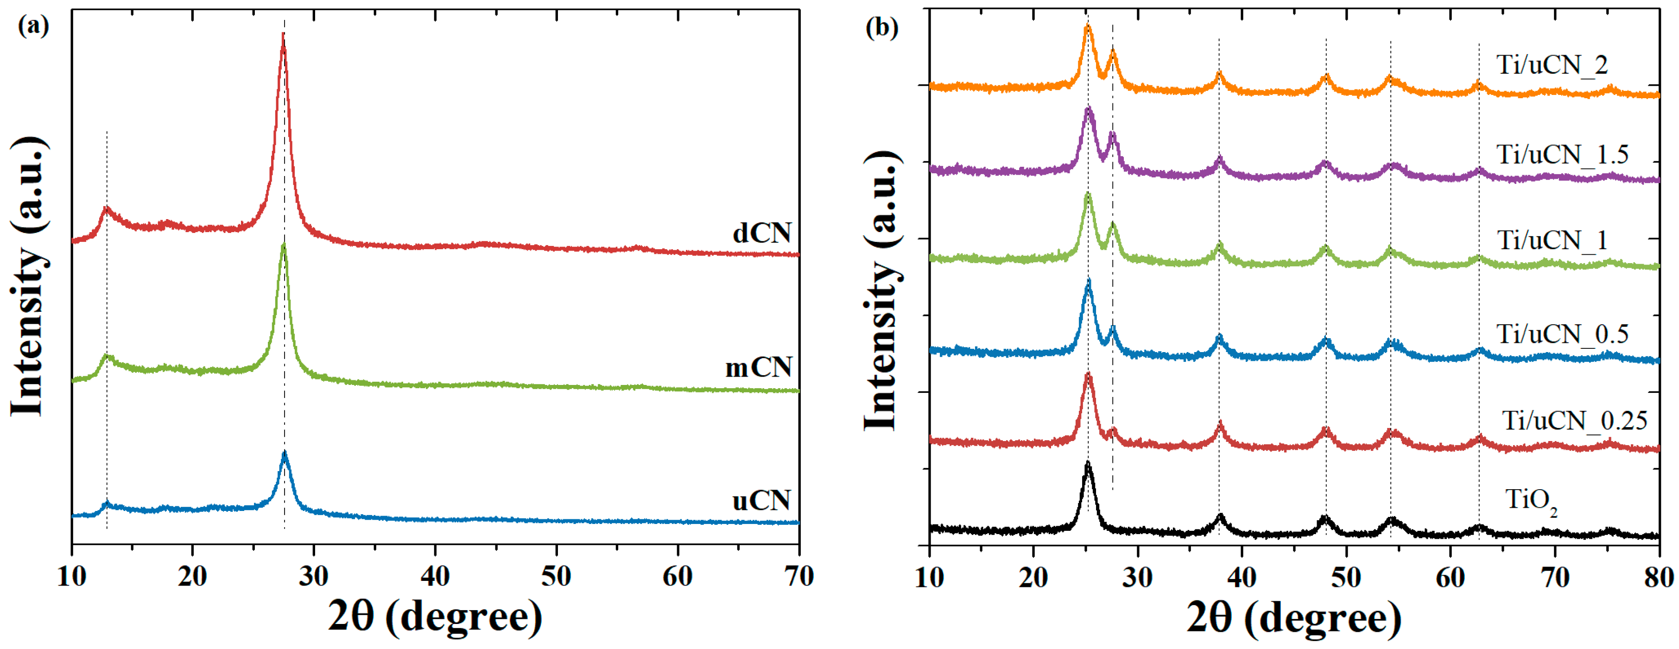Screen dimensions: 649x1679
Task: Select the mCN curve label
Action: pyautogui.click(x=758, y=368)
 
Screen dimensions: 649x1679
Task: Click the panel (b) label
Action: pyautogui.click(x=882, y=27)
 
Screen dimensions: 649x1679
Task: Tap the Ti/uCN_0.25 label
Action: pyautogui.click(x=1575, y=421)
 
